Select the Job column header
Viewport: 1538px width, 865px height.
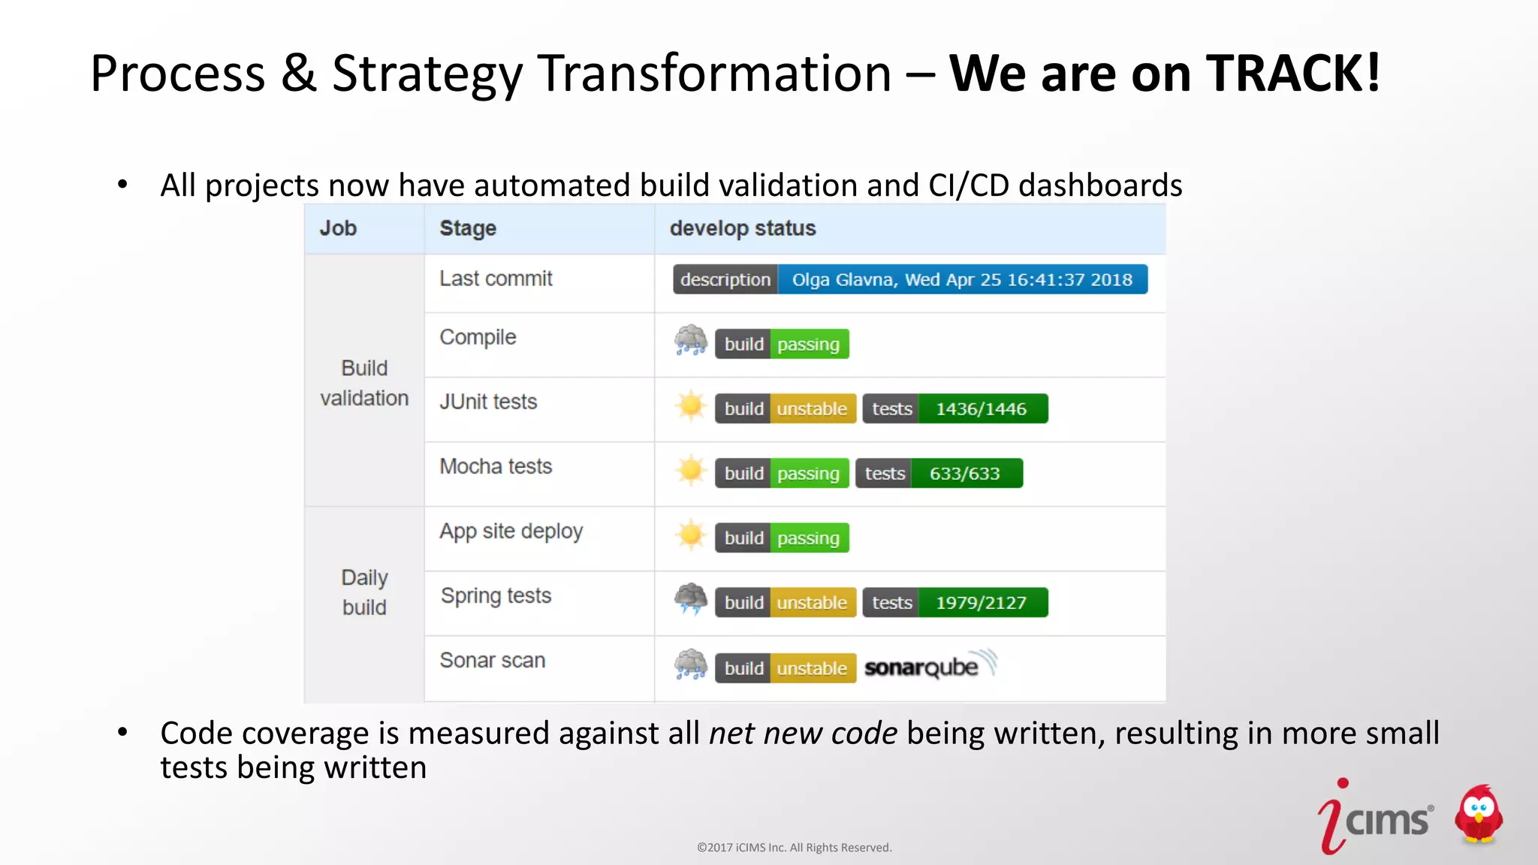pyautogui.click(x=338, y=228)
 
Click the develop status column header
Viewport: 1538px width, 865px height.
pyautogui.click(x=742, y=228)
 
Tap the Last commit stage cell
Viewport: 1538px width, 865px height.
pyautogui.click(x=496, y=279)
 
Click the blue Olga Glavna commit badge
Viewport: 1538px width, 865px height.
pyautogui.click(x=961, y=279)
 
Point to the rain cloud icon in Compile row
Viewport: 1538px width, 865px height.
pyautogui.click(x=690, y=341)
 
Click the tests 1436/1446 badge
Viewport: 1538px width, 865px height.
pyautogui.click(x=954, y=408)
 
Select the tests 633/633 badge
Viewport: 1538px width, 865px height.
pyautogui.click(x=939, y=473)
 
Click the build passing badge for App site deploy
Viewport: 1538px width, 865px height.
pyautogui.click(x=782, y=538)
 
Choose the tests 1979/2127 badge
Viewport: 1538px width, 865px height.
pyautogui.click(x=954, y=602)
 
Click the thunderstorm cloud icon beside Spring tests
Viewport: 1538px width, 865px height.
pyautogui.click(x=690, y=599)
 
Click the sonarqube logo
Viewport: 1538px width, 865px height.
pyautogui.click(x=930, y=666)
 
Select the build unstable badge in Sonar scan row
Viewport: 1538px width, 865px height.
pyautogui.click(x=785, y=668)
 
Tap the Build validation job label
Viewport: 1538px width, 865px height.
pyautogui.click(x=364, y=383)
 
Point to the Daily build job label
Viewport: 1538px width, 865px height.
pyautogui.click(x=364, y=592)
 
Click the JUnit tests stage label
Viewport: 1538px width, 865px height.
pyautogui.click(x=488, y=402)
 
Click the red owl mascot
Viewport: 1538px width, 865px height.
pyautogui.click(x=1478, y=815)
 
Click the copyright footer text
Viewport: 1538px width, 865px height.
pyautogui.click(x=794, y=848)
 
